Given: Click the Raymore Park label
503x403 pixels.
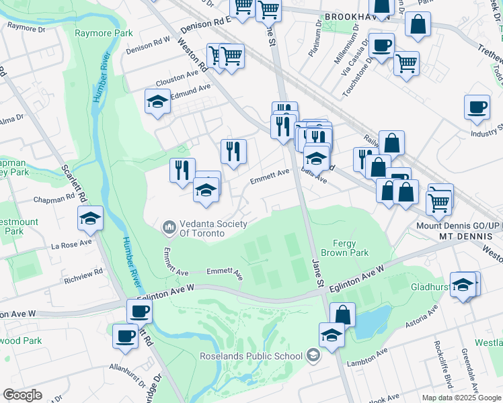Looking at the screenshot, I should click(104, 33).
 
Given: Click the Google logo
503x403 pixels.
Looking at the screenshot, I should click(22, 395).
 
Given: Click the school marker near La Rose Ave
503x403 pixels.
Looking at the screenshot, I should click(90, 219).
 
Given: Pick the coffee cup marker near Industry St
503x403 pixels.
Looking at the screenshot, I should click(477, 107).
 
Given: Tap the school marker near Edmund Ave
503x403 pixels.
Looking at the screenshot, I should click(157, 102).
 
